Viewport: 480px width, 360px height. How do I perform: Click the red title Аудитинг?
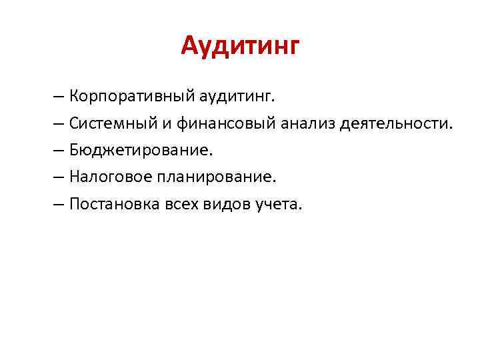[x=241, y=47]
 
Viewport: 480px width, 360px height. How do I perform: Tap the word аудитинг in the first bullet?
[x=236, y=97]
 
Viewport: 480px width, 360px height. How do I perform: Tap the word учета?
[x=279, y=204]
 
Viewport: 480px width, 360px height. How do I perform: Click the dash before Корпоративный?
[x=60, y=97]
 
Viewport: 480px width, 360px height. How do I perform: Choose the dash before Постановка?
[x=60, y=204]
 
